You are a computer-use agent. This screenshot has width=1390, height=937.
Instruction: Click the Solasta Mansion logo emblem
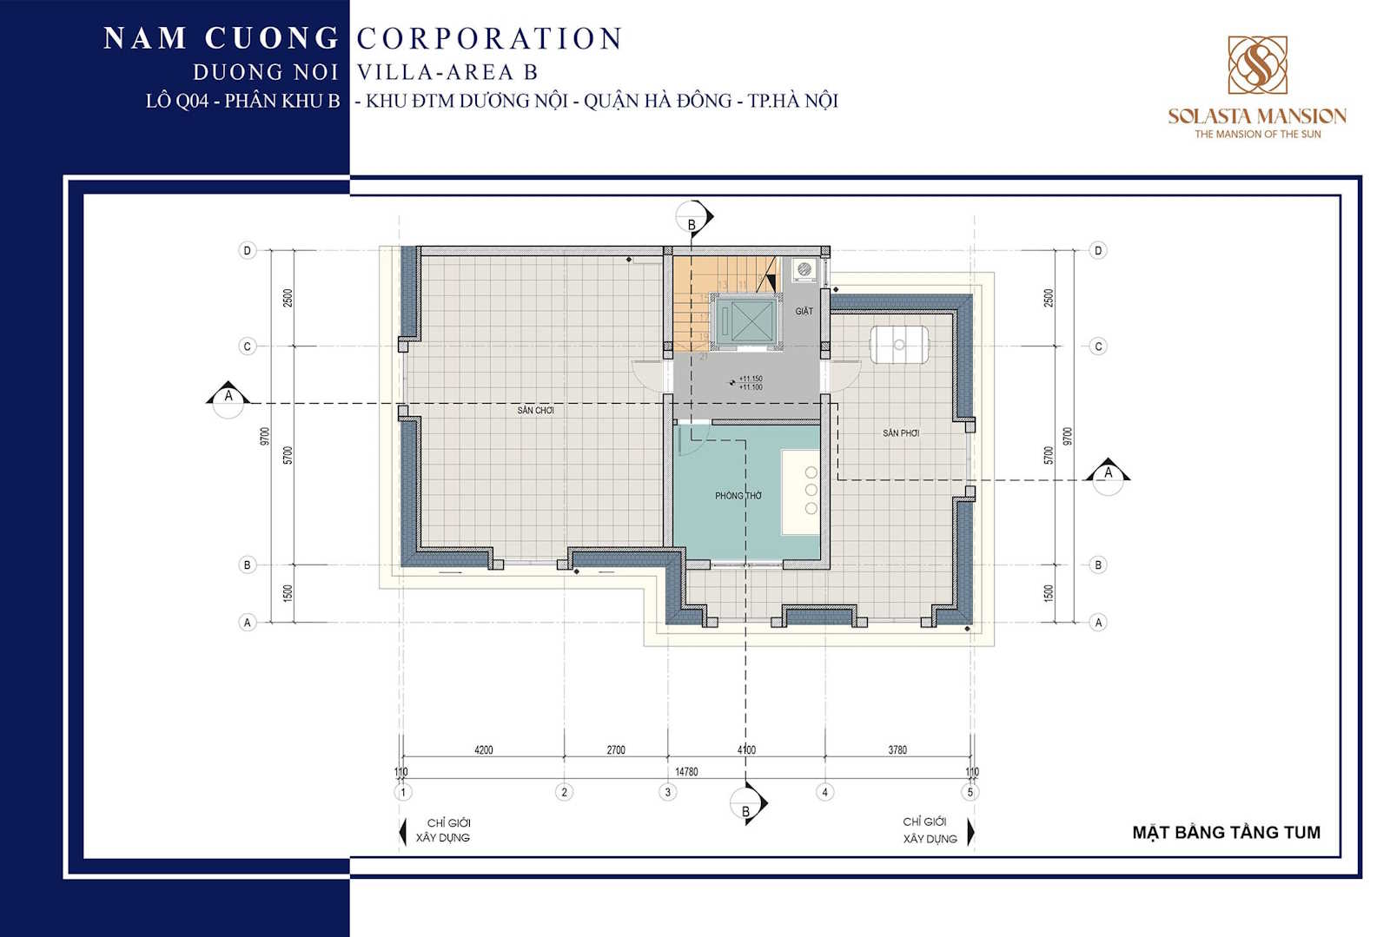[1257, 65]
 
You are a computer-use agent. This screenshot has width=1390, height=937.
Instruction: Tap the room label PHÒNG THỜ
[738, 496]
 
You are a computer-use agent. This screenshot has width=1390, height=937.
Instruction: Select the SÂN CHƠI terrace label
[535, 410]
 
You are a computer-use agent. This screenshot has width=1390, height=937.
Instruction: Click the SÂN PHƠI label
[901, 432]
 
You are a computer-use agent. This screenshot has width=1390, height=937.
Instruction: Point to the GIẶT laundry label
[804, 311]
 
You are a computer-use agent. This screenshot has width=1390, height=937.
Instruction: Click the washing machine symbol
[805, 270]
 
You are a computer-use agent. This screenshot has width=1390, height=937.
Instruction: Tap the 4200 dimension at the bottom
[484, 749]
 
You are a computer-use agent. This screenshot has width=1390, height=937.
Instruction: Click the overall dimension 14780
[686, 771]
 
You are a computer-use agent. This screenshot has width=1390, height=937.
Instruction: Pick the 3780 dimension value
[897, 749]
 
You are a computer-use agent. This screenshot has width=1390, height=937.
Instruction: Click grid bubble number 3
[668, 792]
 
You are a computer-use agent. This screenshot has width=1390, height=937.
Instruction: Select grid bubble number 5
[970, 792]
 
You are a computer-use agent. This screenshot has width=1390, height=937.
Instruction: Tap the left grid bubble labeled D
[248, 251]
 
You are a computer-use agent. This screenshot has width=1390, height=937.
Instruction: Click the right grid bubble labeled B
[1098, 564]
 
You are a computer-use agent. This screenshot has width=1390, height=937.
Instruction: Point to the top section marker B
[692, 221]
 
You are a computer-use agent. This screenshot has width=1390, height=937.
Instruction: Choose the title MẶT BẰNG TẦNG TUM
[1226, 832]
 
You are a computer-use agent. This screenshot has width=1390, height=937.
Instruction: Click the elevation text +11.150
[751, 379]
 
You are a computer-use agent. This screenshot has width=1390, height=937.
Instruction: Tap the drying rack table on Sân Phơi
[899, 345]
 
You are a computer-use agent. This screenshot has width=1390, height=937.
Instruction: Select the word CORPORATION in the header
[489, 38]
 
